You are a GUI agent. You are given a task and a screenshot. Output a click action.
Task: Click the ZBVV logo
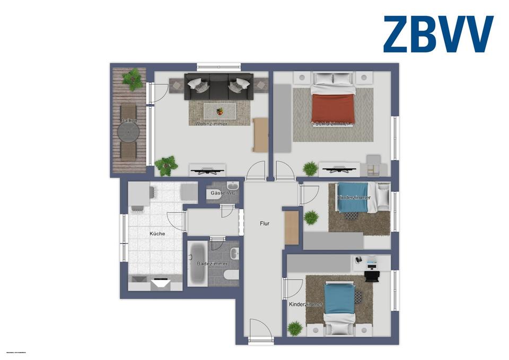438,34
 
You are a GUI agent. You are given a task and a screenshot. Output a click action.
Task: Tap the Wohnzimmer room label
211,124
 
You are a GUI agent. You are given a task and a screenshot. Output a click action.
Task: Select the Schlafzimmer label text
332,124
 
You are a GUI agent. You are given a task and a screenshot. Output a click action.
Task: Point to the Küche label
157,233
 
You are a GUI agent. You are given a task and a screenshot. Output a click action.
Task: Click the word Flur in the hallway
265,224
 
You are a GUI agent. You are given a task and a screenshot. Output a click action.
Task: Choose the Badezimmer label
212,264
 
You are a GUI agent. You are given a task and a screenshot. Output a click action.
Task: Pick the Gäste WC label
222,193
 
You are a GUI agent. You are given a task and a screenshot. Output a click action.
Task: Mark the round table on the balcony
129,134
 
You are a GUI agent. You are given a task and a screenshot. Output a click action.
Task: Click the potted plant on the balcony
133,79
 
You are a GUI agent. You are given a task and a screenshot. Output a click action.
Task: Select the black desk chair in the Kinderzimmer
372,276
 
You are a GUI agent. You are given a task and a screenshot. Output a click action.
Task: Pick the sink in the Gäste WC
232,187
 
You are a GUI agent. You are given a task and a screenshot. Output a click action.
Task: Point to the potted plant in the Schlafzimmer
310,169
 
